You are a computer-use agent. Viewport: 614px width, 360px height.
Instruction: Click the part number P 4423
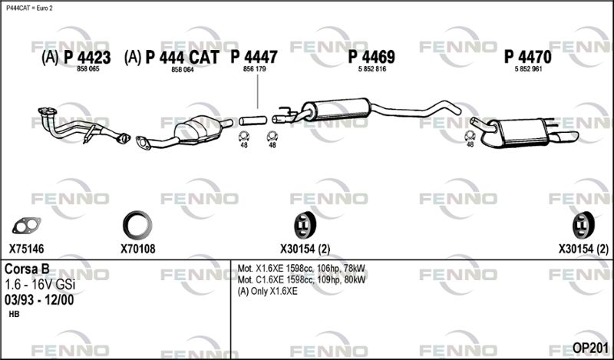(x=87, y=58)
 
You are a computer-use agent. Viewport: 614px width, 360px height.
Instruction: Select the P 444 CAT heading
(x=182, y=58)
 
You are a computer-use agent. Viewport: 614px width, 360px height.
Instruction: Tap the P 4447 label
(x=254, y=57)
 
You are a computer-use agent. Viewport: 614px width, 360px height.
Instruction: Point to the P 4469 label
(x=371, y=58)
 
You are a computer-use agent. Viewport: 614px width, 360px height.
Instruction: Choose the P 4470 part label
(x=527, y=58)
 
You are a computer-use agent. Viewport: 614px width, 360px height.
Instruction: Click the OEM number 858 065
(x=87, y=69)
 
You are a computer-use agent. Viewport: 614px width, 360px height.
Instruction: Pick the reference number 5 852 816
(x=372, y=69)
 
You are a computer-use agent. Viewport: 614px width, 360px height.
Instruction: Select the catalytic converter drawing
(x=184, y=132)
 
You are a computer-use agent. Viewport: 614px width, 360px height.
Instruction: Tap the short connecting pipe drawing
(x=253, y=121)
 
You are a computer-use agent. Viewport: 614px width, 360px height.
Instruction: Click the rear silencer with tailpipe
(x=524, y=132)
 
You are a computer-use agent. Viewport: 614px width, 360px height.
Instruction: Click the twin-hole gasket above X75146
(x=26, y=226)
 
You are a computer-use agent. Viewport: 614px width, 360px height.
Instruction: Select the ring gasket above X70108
(x=137, y=225)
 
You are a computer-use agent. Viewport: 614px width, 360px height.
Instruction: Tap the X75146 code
(x=27, y=249)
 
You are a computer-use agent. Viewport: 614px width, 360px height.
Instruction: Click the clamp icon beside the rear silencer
(x=470, y=136)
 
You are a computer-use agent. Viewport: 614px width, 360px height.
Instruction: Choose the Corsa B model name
(x=27, y=269)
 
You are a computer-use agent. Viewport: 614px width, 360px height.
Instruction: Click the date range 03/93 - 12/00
(x=39, y=300)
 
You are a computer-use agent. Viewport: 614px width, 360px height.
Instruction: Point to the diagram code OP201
(x=590, y=348)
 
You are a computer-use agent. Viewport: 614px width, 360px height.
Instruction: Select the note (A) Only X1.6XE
(x=267, y=291)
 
